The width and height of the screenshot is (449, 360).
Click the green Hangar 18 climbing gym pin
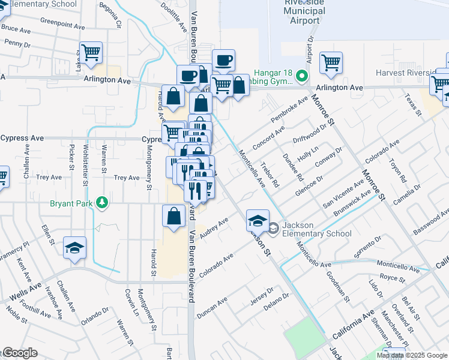pos(302,77)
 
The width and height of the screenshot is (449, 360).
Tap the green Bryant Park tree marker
pos(103,202)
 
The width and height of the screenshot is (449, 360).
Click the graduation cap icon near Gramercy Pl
pos(74,248)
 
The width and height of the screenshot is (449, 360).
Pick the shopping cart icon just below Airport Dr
pos(331,63)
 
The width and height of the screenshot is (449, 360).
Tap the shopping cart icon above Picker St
pos(91,53)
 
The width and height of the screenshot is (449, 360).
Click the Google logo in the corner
pos(19,353)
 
